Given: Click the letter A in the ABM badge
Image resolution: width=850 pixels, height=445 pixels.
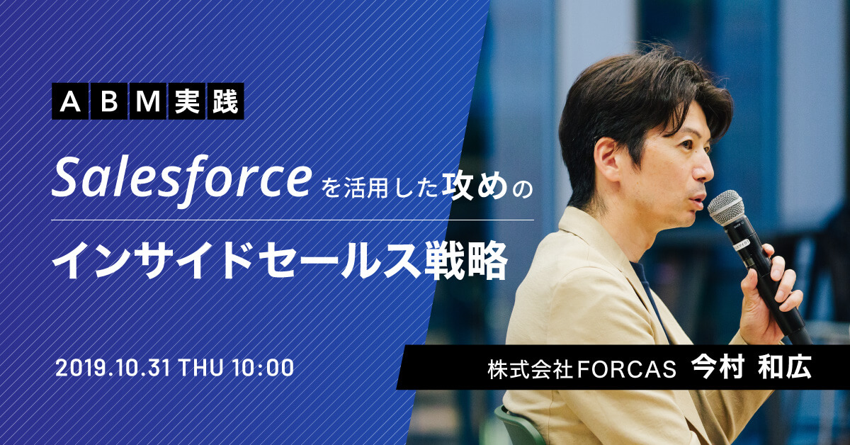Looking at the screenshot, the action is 70,101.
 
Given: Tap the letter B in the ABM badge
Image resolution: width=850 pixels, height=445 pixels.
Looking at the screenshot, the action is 109,101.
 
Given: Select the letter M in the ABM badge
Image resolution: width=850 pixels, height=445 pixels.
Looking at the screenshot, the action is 148,101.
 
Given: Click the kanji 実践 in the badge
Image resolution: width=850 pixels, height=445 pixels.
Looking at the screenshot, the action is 206,101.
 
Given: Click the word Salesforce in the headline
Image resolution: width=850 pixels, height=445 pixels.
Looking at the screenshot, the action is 181,181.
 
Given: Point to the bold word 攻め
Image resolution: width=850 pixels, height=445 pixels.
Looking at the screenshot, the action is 475,186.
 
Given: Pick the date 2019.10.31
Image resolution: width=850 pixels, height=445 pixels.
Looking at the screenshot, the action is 113,368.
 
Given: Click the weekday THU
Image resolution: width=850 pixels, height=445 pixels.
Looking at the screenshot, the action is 200,368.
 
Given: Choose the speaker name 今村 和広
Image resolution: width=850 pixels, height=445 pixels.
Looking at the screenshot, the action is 752,367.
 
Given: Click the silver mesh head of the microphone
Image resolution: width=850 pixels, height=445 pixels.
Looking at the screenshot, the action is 725,208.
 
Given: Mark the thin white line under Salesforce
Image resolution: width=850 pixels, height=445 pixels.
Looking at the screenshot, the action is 293,220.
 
